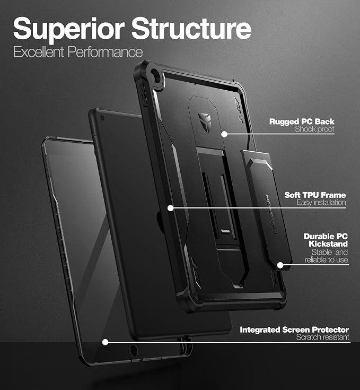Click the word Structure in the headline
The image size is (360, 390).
191,28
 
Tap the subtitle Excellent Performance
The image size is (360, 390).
78,52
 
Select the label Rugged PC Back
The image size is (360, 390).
302,122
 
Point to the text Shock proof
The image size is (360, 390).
314,129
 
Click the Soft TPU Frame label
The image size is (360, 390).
315,195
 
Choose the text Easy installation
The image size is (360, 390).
321,203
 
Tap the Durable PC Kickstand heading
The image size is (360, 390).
326,240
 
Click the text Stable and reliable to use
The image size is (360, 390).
326,256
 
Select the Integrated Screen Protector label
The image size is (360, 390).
294,330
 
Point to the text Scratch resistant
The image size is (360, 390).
322,337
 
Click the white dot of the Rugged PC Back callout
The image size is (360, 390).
224,134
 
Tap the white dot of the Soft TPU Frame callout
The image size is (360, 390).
170,208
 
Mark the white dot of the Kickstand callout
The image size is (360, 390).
280,265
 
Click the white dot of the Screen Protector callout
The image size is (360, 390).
106,342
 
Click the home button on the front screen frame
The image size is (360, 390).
134,350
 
